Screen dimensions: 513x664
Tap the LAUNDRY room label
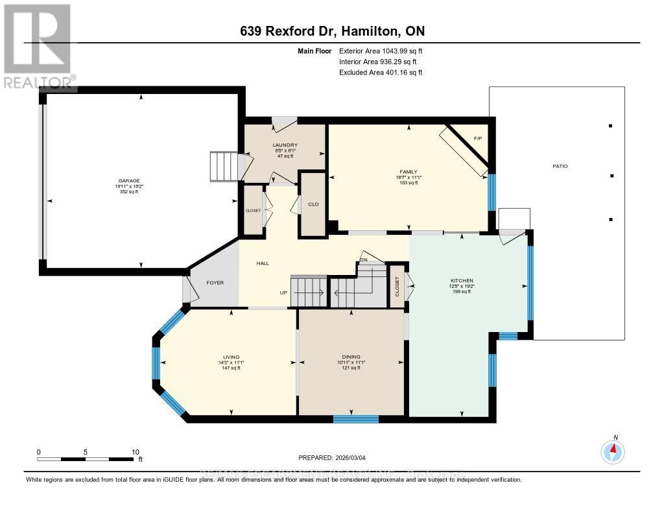point(285,145)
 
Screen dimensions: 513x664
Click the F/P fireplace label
point(477,139)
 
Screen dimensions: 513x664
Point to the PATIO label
point(560,167)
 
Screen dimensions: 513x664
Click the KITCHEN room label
point(462,280)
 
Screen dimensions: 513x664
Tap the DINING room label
point(351,356)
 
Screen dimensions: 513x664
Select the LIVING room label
point(231,357)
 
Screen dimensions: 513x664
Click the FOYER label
point(215,283)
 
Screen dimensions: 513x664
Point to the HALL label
point(263,263)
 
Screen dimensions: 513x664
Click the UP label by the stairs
point(283,292)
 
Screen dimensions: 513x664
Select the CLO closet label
point(313,204)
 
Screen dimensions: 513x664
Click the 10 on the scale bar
point(136,452)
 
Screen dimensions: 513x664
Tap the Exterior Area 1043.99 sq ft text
point(381,51)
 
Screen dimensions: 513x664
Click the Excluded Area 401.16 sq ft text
point(381,73)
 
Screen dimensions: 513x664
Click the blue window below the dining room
point(355,419)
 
